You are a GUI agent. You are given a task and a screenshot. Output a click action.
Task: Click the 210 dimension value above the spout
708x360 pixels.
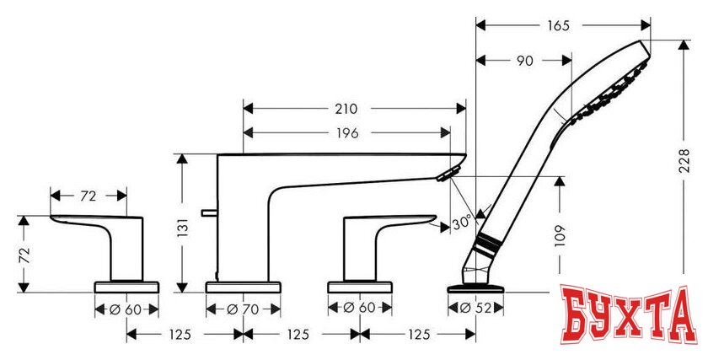pyautogui.click(x=345, y=109)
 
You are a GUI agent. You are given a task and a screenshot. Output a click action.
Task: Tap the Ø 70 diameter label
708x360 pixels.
pyautogui.click(x=244, y=309)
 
